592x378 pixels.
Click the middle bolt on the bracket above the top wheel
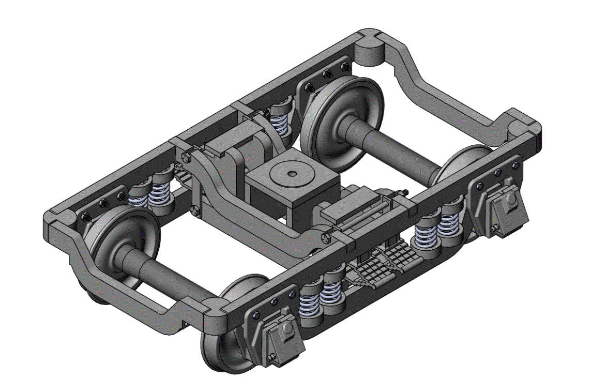tap(326, 74)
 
